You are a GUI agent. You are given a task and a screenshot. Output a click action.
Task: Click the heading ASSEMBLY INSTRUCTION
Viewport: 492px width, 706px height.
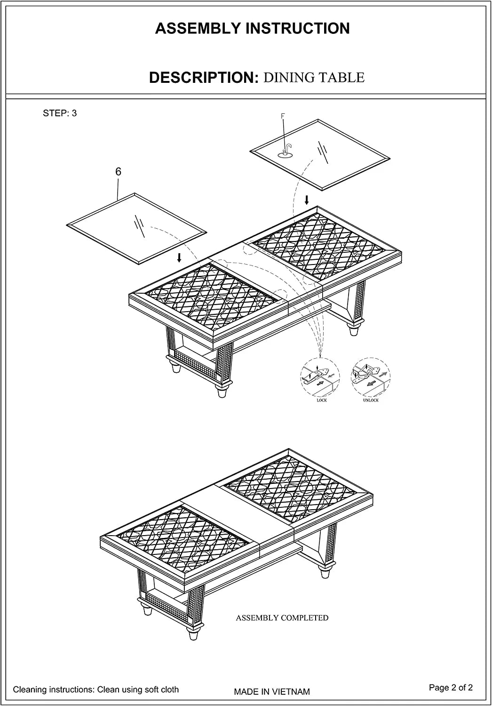252,28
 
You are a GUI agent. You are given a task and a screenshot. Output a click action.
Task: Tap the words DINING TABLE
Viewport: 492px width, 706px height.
314,78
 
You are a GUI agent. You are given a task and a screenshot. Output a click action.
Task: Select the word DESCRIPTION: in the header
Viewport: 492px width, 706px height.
204,78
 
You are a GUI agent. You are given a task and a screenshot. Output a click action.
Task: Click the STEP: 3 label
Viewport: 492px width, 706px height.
60,113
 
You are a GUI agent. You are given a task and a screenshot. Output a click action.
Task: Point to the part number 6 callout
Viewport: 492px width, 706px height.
118,171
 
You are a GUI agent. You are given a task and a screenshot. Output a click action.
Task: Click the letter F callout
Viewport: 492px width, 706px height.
283,116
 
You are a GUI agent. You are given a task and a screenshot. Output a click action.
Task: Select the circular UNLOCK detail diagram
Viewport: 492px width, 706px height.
371,377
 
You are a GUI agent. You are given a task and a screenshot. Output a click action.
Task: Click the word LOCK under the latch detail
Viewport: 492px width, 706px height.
322,400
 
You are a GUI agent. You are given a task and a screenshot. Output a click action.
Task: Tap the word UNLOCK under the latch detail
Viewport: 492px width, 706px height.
371,400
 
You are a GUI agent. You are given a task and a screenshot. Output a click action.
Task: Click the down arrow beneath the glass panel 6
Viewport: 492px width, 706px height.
179,257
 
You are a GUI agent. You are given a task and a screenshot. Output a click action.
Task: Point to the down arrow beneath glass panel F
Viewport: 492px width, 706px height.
307,200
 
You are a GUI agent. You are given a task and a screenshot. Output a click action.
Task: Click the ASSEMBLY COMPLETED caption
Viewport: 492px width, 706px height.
282,618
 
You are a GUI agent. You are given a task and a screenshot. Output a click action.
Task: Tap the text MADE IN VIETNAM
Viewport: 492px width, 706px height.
272,692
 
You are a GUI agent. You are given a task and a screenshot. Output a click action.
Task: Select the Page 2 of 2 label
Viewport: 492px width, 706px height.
451,687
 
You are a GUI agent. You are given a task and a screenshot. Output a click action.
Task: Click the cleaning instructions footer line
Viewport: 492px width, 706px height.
96,690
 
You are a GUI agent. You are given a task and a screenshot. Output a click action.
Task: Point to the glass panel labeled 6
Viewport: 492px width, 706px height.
136,228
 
